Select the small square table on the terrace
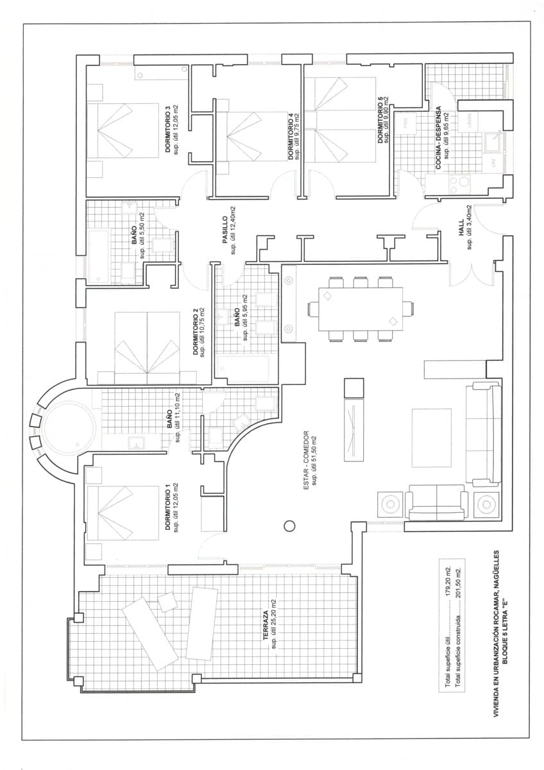pos(168,601)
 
